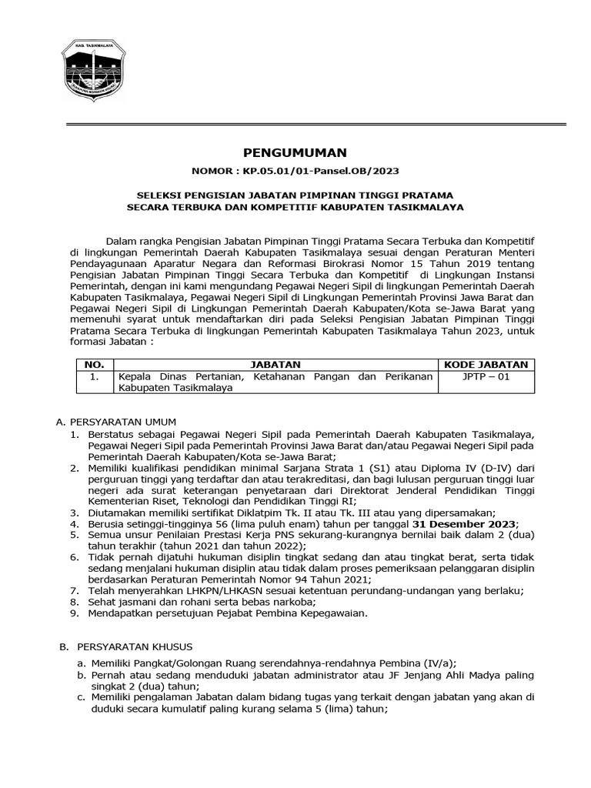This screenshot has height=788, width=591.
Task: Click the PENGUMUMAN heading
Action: coord(295,152)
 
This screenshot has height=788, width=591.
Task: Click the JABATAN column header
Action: coord(276,364)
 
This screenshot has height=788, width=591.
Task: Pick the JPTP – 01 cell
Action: coord(486,377)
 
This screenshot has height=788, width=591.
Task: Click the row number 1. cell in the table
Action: coord(93,377)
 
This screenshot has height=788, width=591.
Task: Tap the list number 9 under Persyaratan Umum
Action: coord(74,613)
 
